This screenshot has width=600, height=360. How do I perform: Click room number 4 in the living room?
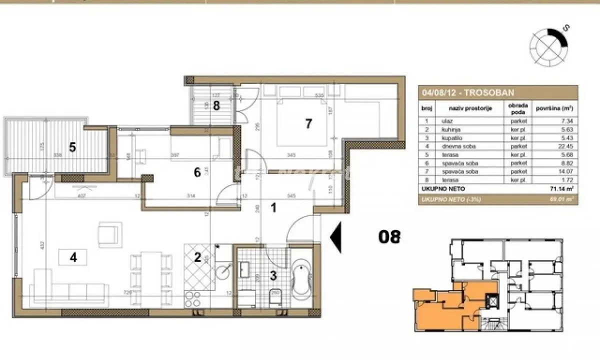(x=73, y=257)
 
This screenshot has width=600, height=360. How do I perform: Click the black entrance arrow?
(x=336, y=236)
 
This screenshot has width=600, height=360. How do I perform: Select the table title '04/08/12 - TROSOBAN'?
(x=461, y=92)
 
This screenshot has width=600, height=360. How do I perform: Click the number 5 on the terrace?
(x=72, y=147)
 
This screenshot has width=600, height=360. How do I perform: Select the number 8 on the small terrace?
(x=216, y=105)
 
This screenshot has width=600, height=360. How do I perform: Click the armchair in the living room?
(x=110, y=234)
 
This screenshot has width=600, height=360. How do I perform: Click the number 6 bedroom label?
(x=197, y=172)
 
